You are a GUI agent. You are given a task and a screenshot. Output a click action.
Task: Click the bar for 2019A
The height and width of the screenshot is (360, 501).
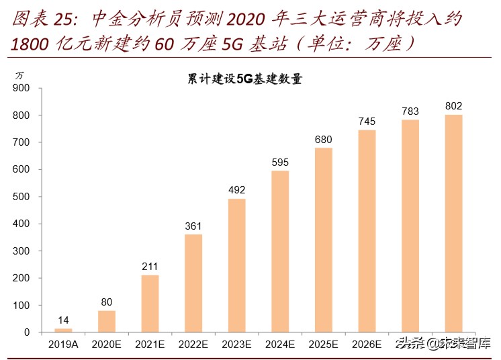[x=63, y=330]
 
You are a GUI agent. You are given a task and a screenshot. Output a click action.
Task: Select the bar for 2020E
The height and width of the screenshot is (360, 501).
[x=106, y=321]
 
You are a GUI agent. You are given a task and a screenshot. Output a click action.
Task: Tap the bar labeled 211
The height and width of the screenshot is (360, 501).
[x=150, y=304]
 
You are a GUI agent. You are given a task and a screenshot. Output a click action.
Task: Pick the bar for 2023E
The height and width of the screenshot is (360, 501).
[x=236, y=265]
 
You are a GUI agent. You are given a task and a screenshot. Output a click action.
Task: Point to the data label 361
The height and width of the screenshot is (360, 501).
[x=193, y=226]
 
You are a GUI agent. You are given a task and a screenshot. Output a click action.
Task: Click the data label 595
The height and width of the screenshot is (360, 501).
[x=280, y=163]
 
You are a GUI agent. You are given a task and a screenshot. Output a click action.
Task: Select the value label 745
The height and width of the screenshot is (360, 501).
[x=367, y=122]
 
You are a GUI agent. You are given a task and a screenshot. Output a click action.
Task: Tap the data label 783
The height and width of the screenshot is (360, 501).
[x=410, y=111]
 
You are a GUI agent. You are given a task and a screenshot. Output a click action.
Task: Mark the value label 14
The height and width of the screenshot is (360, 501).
[x=63, y=320]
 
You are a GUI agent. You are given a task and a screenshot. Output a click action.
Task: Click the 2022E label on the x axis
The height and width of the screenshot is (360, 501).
[x=193, y=344]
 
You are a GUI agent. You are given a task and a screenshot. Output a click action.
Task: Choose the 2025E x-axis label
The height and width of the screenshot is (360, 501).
[x=323, y=344]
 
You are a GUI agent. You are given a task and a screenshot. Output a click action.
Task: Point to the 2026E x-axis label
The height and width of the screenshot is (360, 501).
[x=367, y=344]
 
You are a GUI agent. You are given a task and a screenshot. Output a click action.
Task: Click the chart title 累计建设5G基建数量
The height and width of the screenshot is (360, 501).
[x=244, y=79]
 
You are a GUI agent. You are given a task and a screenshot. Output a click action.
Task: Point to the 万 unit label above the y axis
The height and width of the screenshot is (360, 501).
[x=19, y=74]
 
